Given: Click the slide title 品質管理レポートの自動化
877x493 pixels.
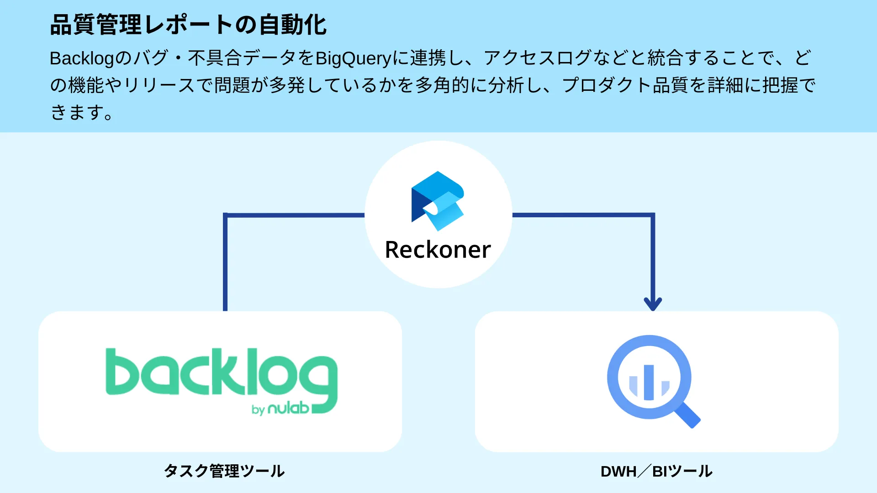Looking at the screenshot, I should [188, 25].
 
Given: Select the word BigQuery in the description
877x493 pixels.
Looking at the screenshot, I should [353, 58].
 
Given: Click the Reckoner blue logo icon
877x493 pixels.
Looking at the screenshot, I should [438, 201].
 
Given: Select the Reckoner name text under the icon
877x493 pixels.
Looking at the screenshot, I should [438, 250].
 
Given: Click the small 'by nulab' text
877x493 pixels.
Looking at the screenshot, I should [280, 409].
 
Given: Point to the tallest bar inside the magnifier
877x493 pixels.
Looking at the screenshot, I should [649, 382].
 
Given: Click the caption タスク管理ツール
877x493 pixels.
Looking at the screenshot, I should [224, 471].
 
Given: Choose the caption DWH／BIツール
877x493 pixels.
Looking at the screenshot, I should [656, 471].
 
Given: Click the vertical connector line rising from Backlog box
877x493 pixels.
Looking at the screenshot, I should [225, 265].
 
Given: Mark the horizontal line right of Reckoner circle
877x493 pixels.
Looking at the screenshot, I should [582, 215].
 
